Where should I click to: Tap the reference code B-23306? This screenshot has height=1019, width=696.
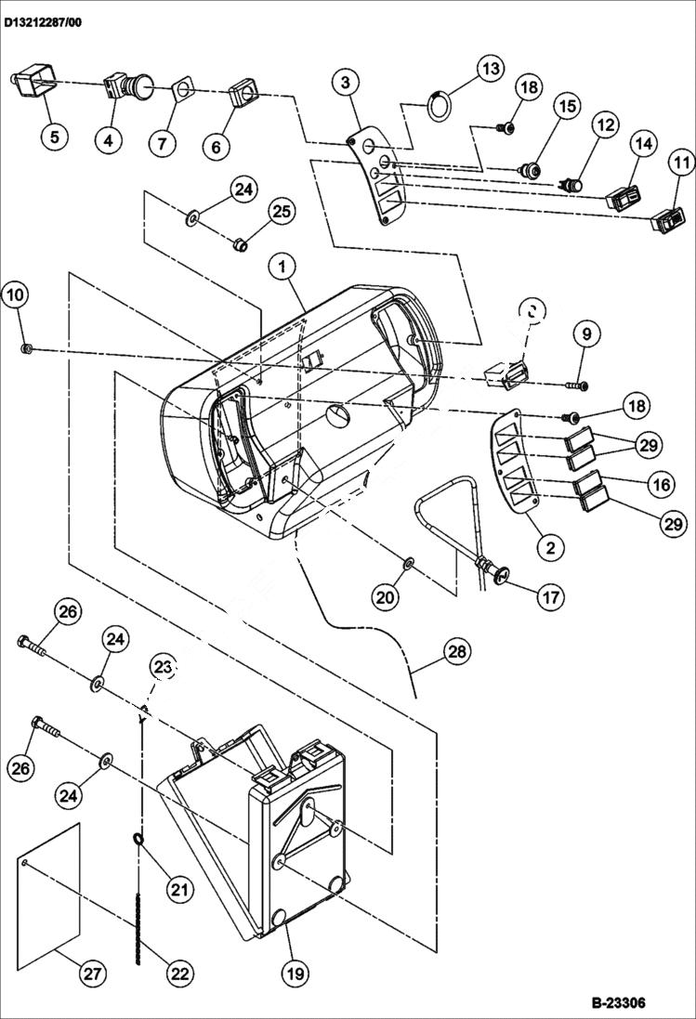618,1003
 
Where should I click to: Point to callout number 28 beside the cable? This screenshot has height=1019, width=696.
456,652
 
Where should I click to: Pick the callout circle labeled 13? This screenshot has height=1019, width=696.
491,69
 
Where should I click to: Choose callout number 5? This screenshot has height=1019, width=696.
53,137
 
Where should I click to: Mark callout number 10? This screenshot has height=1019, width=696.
16,295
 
